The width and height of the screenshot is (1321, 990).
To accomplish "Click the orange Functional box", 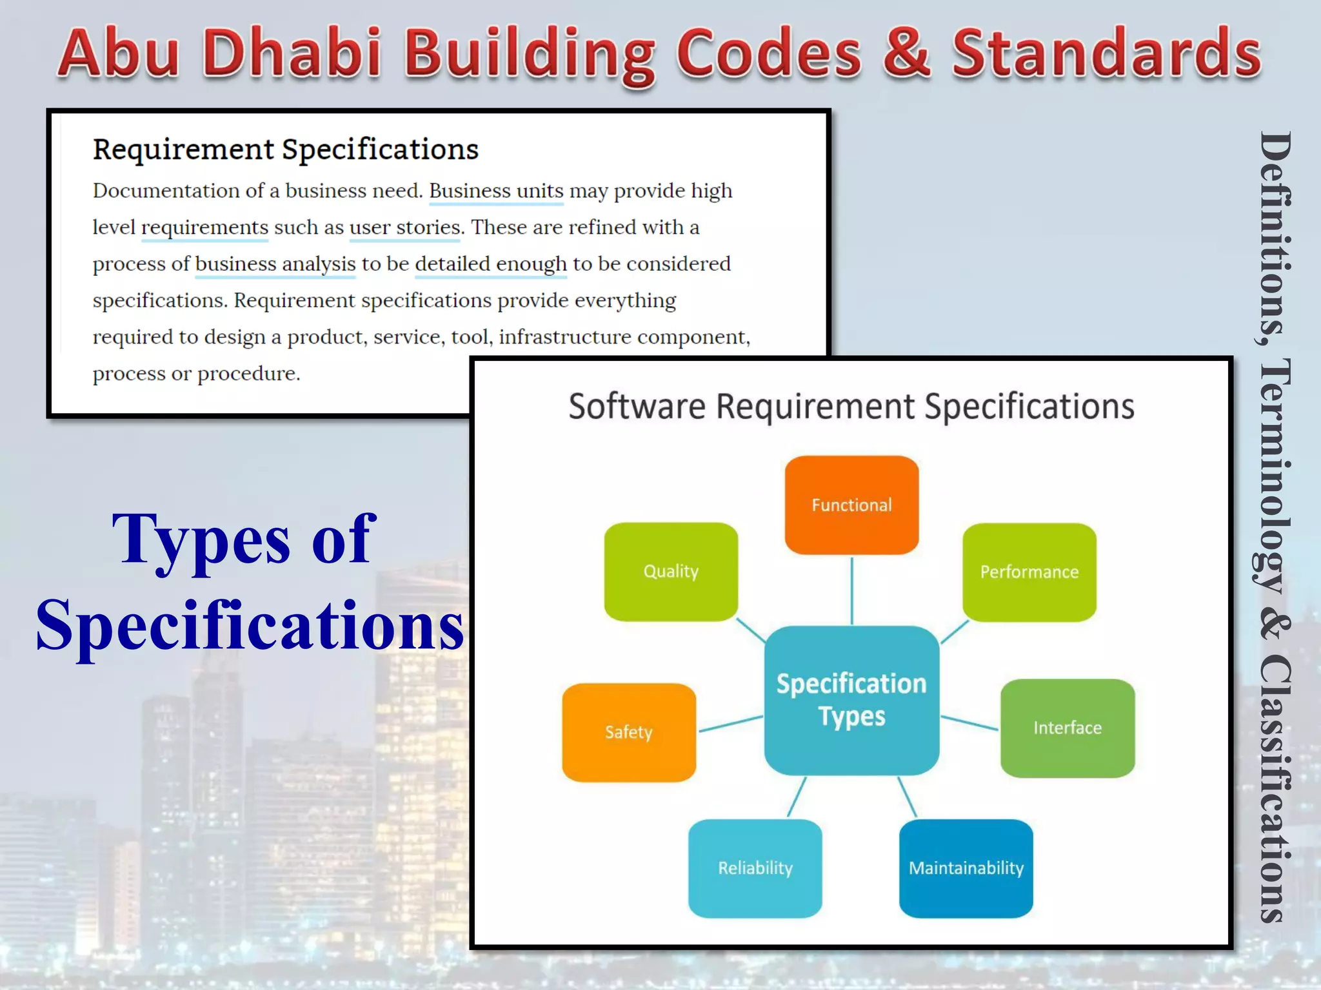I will [851, 505].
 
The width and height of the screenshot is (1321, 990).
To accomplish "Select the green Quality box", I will [671, 571].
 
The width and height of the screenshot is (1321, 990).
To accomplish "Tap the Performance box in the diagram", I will [1029, 572].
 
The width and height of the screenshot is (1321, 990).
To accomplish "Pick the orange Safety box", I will [629, 732].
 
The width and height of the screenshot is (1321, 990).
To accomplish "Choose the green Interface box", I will [1068, 728].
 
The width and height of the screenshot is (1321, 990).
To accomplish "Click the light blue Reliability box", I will [755, 868].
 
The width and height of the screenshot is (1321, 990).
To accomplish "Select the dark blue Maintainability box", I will [966, 868].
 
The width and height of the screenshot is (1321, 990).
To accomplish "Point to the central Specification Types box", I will [851, 700].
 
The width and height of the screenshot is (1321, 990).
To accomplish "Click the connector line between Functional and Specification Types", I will [852, 590].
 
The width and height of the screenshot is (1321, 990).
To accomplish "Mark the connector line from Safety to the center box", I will [731, 724].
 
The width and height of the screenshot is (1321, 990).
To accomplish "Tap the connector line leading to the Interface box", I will [969, 723].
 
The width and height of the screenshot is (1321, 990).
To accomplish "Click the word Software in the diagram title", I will [637, 407].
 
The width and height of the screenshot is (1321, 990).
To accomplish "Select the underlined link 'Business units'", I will [496, 191].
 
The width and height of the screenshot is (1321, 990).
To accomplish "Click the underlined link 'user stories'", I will [405, 228].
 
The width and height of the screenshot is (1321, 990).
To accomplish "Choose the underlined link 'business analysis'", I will [275, 264].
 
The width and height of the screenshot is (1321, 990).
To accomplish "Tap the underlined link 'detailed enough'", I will [491, 264].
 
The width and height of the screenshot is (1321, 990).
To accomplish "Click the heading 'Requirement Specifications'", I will [285, 149].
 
